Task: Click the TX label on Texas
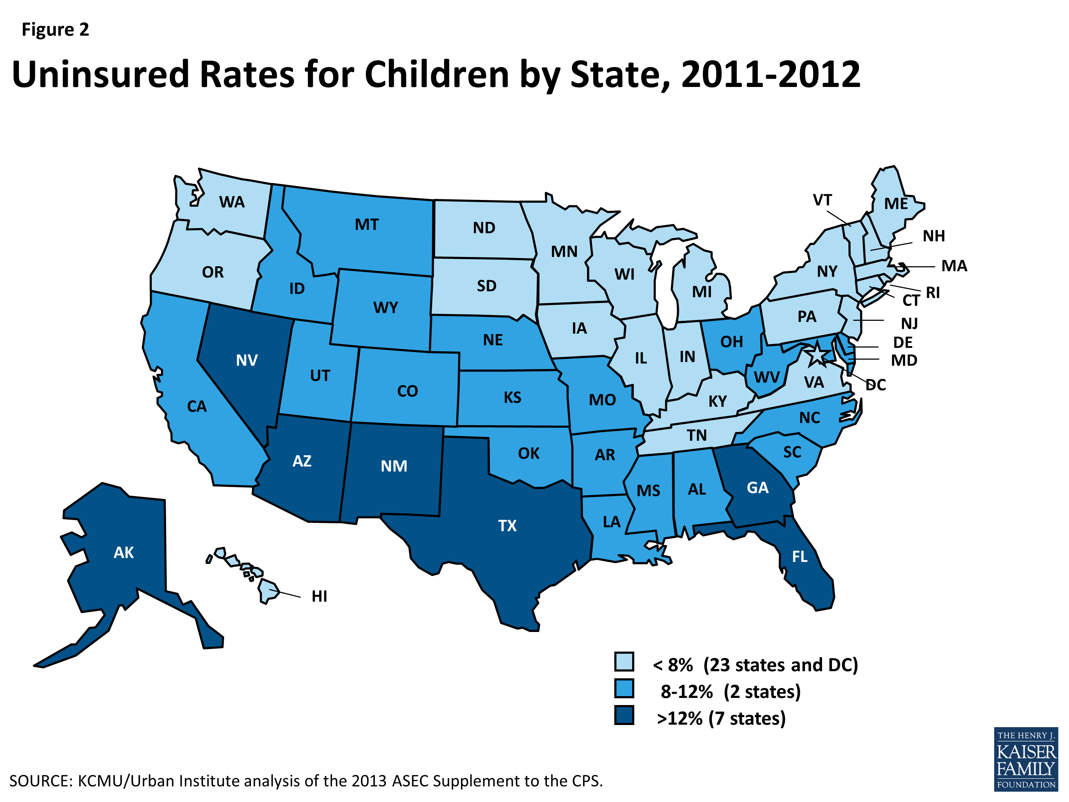[507, 525]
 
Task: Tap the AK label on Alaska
[124, 552]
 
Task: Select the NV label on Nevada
[247, 360]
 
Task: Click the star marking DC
[816, 355]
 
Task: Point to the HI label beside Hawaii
[319, 597]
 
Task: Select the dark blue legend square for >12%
[624, 715]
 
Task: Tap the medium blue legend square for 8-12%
[624, 688]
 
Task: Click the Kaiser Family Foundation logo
[1026, 759]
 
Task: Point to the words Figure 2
[55, 30]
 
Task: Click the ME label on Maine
[895, 204]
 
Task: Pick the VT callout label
[822, 200]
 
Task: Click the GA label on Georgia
[757, 488]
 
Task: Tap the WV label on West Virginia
[766, 377]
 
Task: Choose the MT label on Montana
[367, 225]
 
